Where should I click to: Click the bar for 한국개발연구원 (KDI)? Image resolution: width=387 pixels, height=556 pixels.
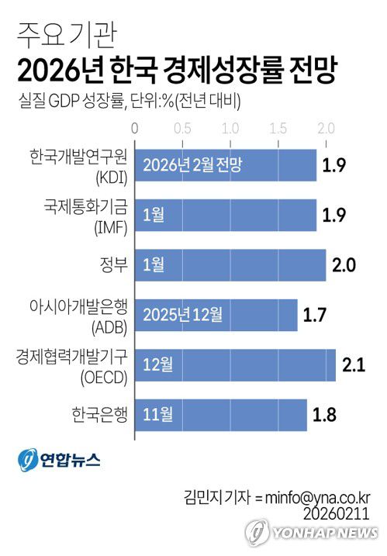226,165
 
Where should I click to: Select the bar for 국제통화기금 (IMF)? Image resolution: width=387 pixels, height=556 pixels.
226,215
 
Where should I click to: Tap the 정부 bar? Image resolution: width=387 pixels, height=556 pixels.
230,264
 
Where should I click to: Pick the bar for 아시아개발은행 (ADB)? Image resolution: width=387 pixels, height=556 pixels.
216,314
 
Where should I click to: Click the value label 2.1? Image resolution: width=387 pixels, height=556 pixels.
354,364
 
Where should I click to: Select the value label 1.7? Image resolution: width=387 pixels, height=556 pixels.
316,314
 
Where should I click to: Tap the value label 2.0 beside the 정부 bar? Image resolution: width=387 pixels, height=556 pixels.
344,264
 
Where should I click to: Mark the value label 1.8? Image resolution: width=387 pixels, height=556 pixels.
325,413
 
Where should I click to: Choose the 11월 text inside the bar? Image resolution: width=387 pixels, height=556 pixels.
157,413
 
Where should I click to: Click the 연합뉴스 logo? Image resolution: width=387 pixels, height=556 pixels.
59,459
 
